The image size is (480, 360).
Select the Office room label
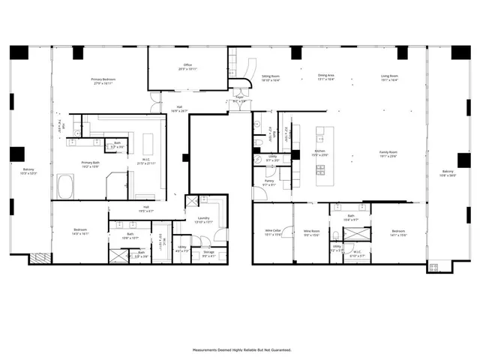tap(188, 65)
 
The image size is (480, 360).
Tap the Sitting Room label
tap(270, 76)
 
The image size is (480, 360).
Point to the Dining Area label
tap(325, 76)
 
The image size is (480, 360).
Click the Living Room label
tap(389, 76)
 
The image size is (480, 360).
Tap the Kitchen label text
tap(320, 151)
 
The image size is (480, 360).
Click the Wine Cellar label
tap(272, 230)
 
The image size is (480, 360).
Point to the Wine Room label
tap(311, 230)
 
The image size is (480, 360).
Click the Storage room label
tap(208, 252)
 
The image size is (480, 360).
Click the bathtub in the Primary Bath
tap(65, 186)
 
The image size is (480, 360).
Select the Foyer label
tap(239, 97)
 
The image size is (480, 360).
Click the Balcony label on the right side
tap(448, 172)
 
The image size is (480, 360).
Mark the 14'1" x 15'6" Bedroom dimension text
tap(398, 235)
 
